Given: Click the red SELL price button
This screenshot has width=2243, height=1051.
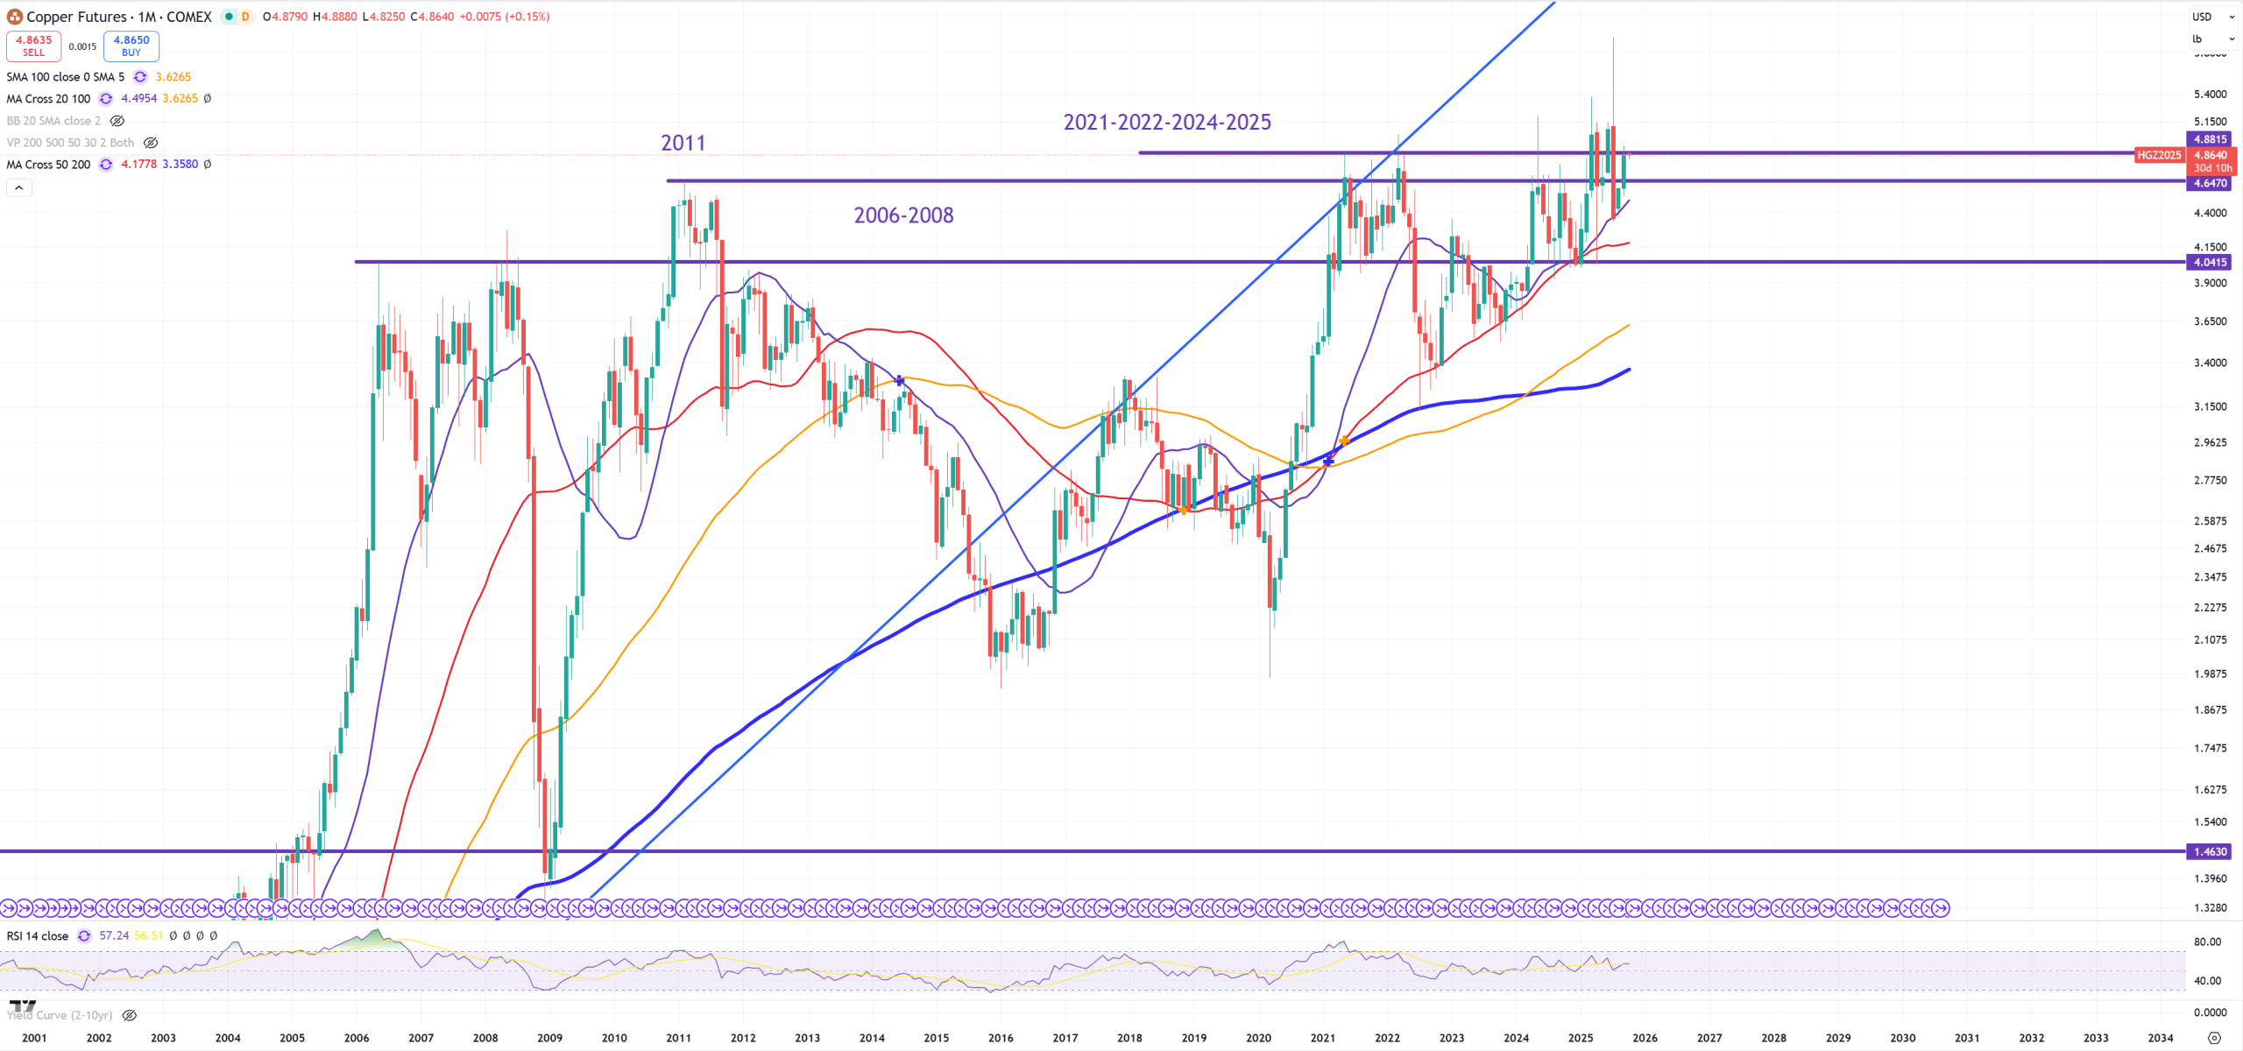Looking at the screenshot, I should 33,46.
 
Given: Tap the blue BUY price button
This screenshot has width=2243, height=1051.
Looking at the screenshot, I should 131,46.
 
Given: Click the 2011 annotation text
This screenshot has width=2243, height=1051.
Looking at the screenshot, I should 683,143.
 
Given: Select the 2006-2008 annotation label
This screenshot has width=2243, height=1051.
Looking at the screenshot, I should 903,215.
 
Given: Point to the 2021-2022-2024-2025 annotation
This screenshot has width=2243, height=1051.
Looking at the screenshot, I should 1167,123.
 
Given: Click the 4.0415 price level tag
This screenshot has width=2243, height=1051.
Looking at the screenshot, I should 2210,262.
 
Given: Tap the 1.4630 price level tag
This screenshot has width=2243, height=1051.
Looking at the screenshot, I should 2210,851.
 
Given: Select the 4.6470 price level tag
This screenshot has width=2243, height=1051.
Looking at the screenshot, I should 2210,183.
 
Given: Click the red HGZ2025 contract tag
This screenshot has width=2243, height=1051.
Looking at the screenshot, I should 2159,155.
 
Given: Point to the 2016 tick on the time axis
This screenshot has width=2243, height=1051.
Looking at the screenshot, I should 1001,1038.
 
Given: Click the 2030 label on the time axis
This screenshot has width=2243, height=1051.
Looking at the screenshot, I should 1902,1038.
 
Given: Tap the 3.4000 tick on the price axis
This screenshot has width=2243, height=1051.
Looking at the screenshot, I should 2210,363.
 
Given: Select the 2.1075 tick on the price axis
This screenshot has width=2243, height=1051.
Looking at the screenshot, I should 2210,639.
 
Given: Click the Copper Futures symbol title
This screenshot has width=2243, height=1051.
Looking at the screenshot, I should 119,17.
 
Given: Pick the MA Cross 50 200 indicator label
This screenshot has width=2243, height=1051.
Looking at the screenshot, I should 48,165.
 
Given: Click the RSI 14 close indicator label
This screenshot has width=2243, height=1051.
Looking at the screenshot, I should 38,935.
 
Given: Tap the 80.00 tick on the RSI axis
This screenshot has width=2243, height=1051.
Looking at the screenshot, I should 2207,942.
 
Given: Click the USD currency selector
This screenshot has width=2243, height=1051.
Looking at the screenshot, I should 2203,17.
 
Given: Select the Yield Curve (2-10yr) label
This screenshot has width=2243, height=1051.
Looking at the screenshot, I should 60,1015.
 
